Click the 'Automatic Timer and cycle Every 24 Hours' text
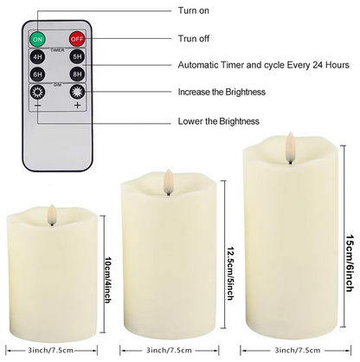pos(264,65)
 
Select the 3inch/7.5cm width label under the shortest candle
pos(50,351)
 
